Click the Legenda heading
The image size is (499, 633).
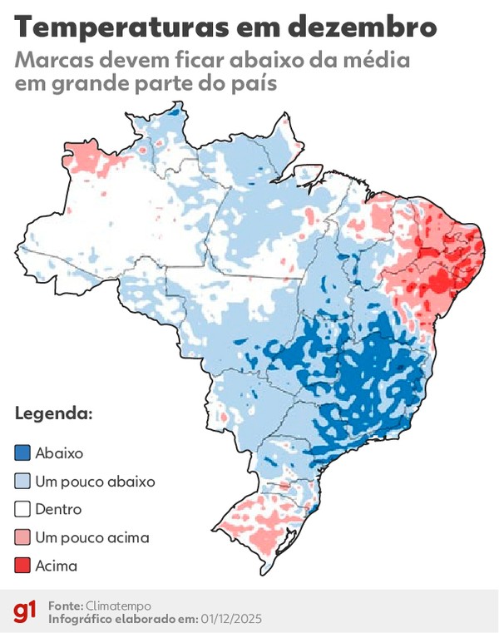coord(53,413)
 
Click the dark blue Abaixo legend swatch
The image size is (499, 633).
coord(22,453)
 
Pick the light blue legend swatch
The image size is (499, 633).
coord(22,481)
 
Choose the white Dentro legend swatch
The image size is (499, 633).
coord(22,509)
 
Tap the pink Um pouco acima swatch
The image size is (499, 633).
coord(22,537)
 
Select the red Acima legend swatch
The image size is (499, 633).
coord(22,566)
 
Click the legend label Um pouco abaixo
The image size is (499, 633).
coord(95,482)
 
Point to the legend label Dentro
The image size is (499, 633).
coord(58,509)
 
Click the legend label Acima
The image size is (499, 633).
coord(57,566)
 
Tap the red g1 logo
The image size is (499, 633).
coord(25,612)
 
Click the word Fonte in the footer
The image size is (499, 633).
coord(65,606)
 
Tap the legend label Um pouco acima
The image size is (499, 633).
coord(92,537)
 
